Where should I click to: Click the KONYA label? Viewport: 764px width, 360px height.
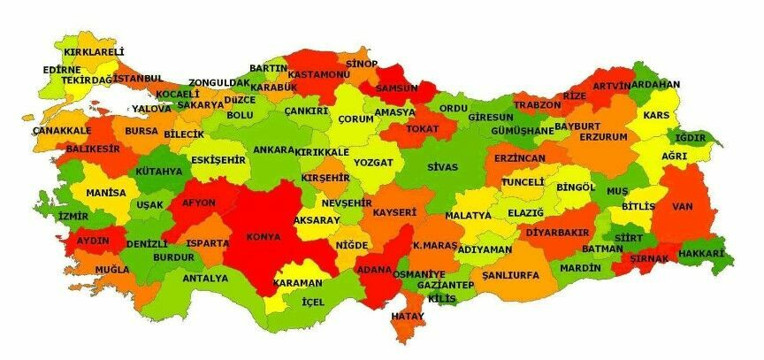tap(264, 237)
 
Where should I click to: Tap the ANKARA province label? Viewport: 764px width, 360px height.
tap(273, 150)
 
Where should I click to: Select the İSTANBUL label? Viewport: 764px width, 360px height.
tap(138, 79)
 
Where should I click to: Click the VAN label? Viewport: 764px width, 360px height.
tap(682, 206)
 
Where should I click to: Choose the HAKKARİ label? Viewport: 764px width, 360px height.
tap(700, 255)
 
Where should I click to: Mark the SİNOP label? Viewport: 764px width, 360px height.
tap(361, 64)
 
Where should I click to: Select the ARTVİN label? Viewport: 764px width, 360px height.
tap(611, 86)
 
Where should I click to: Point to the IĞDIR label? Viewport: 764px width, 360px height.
tap(691, 138)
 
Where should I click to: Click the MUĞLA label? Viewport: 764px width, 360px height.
tap(111, 269)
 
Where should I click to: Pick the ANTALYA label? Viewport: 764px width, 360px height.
tap(205, 278)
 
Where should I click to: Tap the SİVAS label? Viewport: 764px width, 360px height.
tap(442, 166)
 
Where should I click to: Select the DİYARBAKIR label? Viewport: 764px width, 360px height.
tap(557, 232)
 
